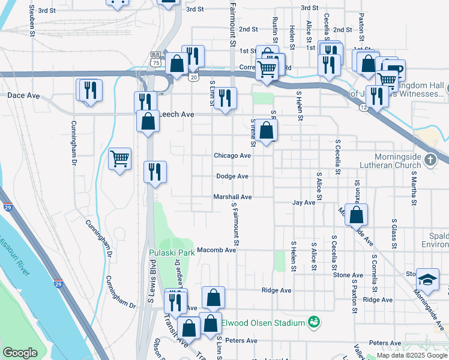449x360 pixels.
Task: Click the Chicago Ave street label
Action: (232, 155)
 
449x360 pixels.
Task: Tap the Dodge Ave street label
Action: (232, 176)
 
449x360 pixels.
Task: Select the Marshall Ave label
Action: (232, 197)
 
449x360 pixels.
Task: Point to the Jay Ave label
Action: (304, 203)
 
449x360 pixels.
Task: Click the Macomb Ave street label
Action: (217, 250)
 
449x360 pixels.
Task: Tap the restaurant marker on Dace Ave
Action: (89, 91)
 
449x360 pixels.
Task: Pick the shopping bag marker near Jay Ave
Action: (357, 215)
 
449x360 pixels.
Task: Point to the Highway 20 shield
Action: (193, 77)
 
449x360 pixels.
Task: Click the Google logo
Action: (20, 353)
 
